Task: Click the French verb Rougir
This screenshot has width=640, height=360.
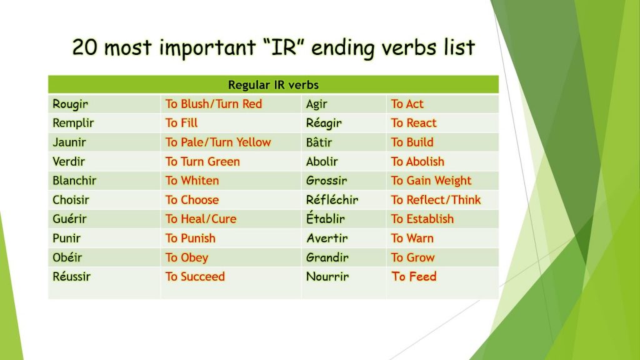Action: coord(71,104)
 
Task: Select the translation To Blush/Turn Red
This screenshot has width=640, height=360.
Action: coord(213,104)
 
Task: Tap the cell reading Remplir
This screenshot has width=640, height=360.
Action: coord(73,123)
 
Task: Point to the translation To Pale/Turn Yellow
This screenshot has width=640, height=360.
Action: coord(217,142)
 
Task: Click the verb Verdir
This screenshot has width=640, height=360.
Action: coord(69,161)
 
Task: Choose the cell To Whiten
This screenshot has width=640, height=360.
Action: coord(192,181)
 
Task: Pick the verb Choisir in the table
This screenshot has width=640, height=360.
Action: coord(71,200)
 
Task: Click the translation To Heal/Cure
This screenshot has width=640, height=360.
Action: coord(201,219)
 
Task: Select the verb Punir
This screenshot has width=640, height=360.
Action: coord(67,238)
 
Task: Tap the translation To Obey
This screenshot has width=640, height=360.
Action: coord(186,257)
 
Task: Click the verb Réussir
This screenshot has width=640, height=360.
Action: coord(71,276)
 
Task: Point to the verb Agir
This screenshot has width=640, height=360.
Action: coord(316,104)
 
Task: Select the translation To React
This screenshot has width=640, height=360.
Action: coord(413,123)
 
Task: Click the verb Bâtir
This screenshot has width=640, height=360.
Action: coord(319,142)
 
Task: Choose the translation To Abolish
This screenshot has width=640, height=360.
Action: coord(417,161)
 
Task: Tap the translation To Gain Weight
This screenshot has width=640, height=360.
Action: coord(431,181)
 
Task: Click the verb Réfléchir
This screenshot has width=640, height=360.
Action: coord(332,200)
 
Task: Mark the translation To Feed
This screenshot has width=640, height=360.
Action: coord(413,276)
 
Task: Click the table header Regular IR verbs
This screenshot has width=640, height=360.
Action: coord(273,85)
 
